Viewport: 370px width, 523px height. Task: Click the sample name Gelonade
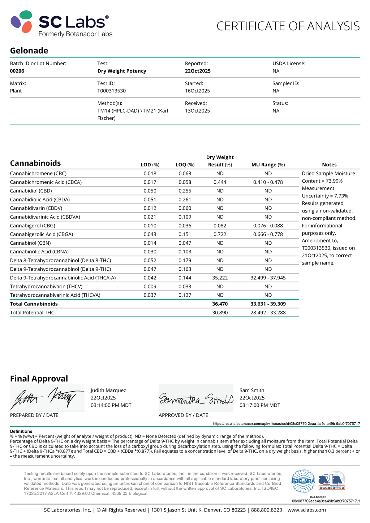point(29,51)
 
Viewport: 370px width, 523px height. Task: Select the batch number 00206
point(17,71)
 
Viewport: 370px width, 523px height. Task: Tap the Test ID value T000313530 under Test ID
point(111,91)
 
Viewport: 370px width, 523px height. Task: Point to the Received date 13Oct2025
point(197,111)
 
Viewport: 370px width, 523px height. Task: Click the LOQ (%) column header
point(185,165)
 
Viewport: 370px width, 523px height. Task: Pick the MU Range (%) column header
point(268,165)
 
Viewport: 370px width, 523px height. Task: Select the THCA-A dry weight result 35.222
point(220,278)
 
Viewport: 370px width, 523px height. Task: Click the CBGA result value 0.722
point(220,234)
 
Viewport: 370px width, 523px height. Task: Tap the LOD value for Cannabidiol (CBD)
point(150,191)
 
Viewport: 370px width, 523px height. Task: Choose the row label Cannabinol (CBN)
point(30,243)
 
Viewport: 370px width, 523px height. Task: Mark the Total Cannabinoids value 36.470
point(220,304)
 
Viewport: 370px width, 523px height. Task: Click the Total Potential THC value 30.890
point(220,313)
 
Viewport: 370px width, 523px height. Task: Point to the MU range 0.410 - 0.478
point(268,182)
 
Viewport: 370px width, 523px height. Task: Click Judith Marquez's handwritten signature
point(47,398)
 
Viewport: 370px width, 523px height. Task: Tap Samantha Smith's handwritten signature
point(196,398)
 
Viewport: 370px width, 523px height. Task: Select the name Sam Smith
point(252,391)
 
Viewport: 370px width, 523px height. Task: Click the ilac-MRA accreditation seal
point(303,481)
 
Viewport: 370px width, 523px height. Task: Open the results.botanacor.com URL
point(287,424)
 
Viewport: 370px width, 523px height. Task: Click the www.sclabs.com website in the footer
point(307,510)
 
